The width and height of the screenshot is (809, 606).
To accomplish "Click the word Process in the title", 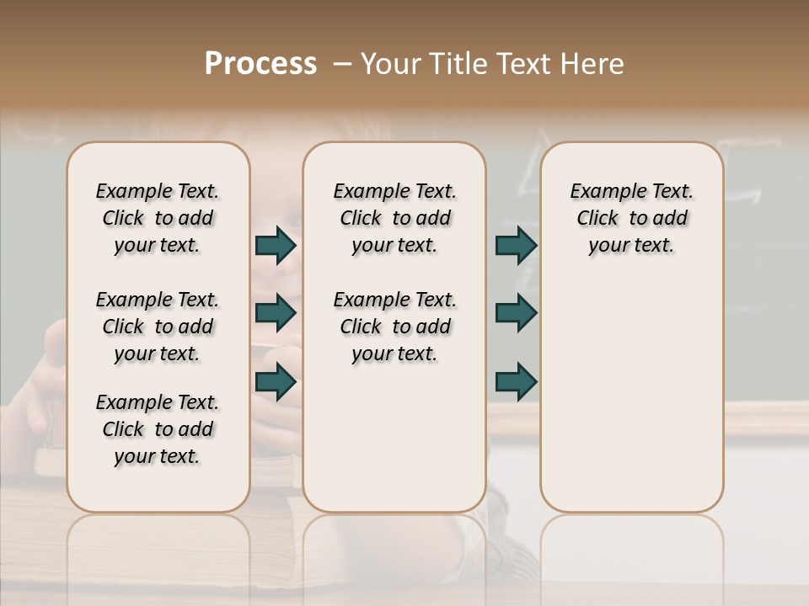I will [x=260, y=64].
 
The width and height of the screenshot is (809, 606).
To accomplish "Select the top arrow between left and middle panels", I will [x=276, y=245].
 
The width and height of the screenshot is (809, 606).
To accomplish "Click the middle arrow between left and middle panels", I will [x=276, y=313].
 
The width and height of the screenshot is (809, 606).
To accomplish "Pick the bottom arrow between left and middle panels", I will [x=276, y=382].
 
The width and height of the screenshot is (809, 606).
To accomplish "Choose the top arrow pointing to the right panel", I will [x=516, y=245].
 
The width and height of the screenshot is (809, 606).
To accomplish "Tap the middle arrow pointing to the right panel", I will [x=516, y=313].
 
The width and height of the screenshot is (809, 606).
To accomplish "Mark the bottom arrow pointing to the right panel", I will [x=516, y=382].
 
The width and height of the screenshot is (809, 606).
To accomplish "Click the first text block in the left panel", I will [x=158, y=218].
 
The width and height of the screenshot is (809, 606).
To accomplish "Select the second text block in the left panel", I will [x=158, y=327].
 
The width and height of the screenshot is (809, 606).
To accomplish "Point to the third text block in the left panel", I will [x=158, y=429].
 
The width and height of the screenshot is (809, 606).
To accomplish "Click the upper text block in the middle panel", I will [x=394, y=218].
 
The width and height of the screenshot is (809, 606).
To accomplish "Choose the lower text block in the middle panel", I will [x=394, y=327].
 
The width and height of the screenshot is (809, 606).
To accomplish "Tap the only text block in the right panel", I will [x=631, y=218].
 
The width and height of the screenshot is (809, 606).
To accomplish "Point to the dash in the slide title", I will [x=341, y=64].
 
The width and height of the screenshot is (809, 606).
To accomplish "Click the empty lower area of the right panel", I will [x=631, y=396].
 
